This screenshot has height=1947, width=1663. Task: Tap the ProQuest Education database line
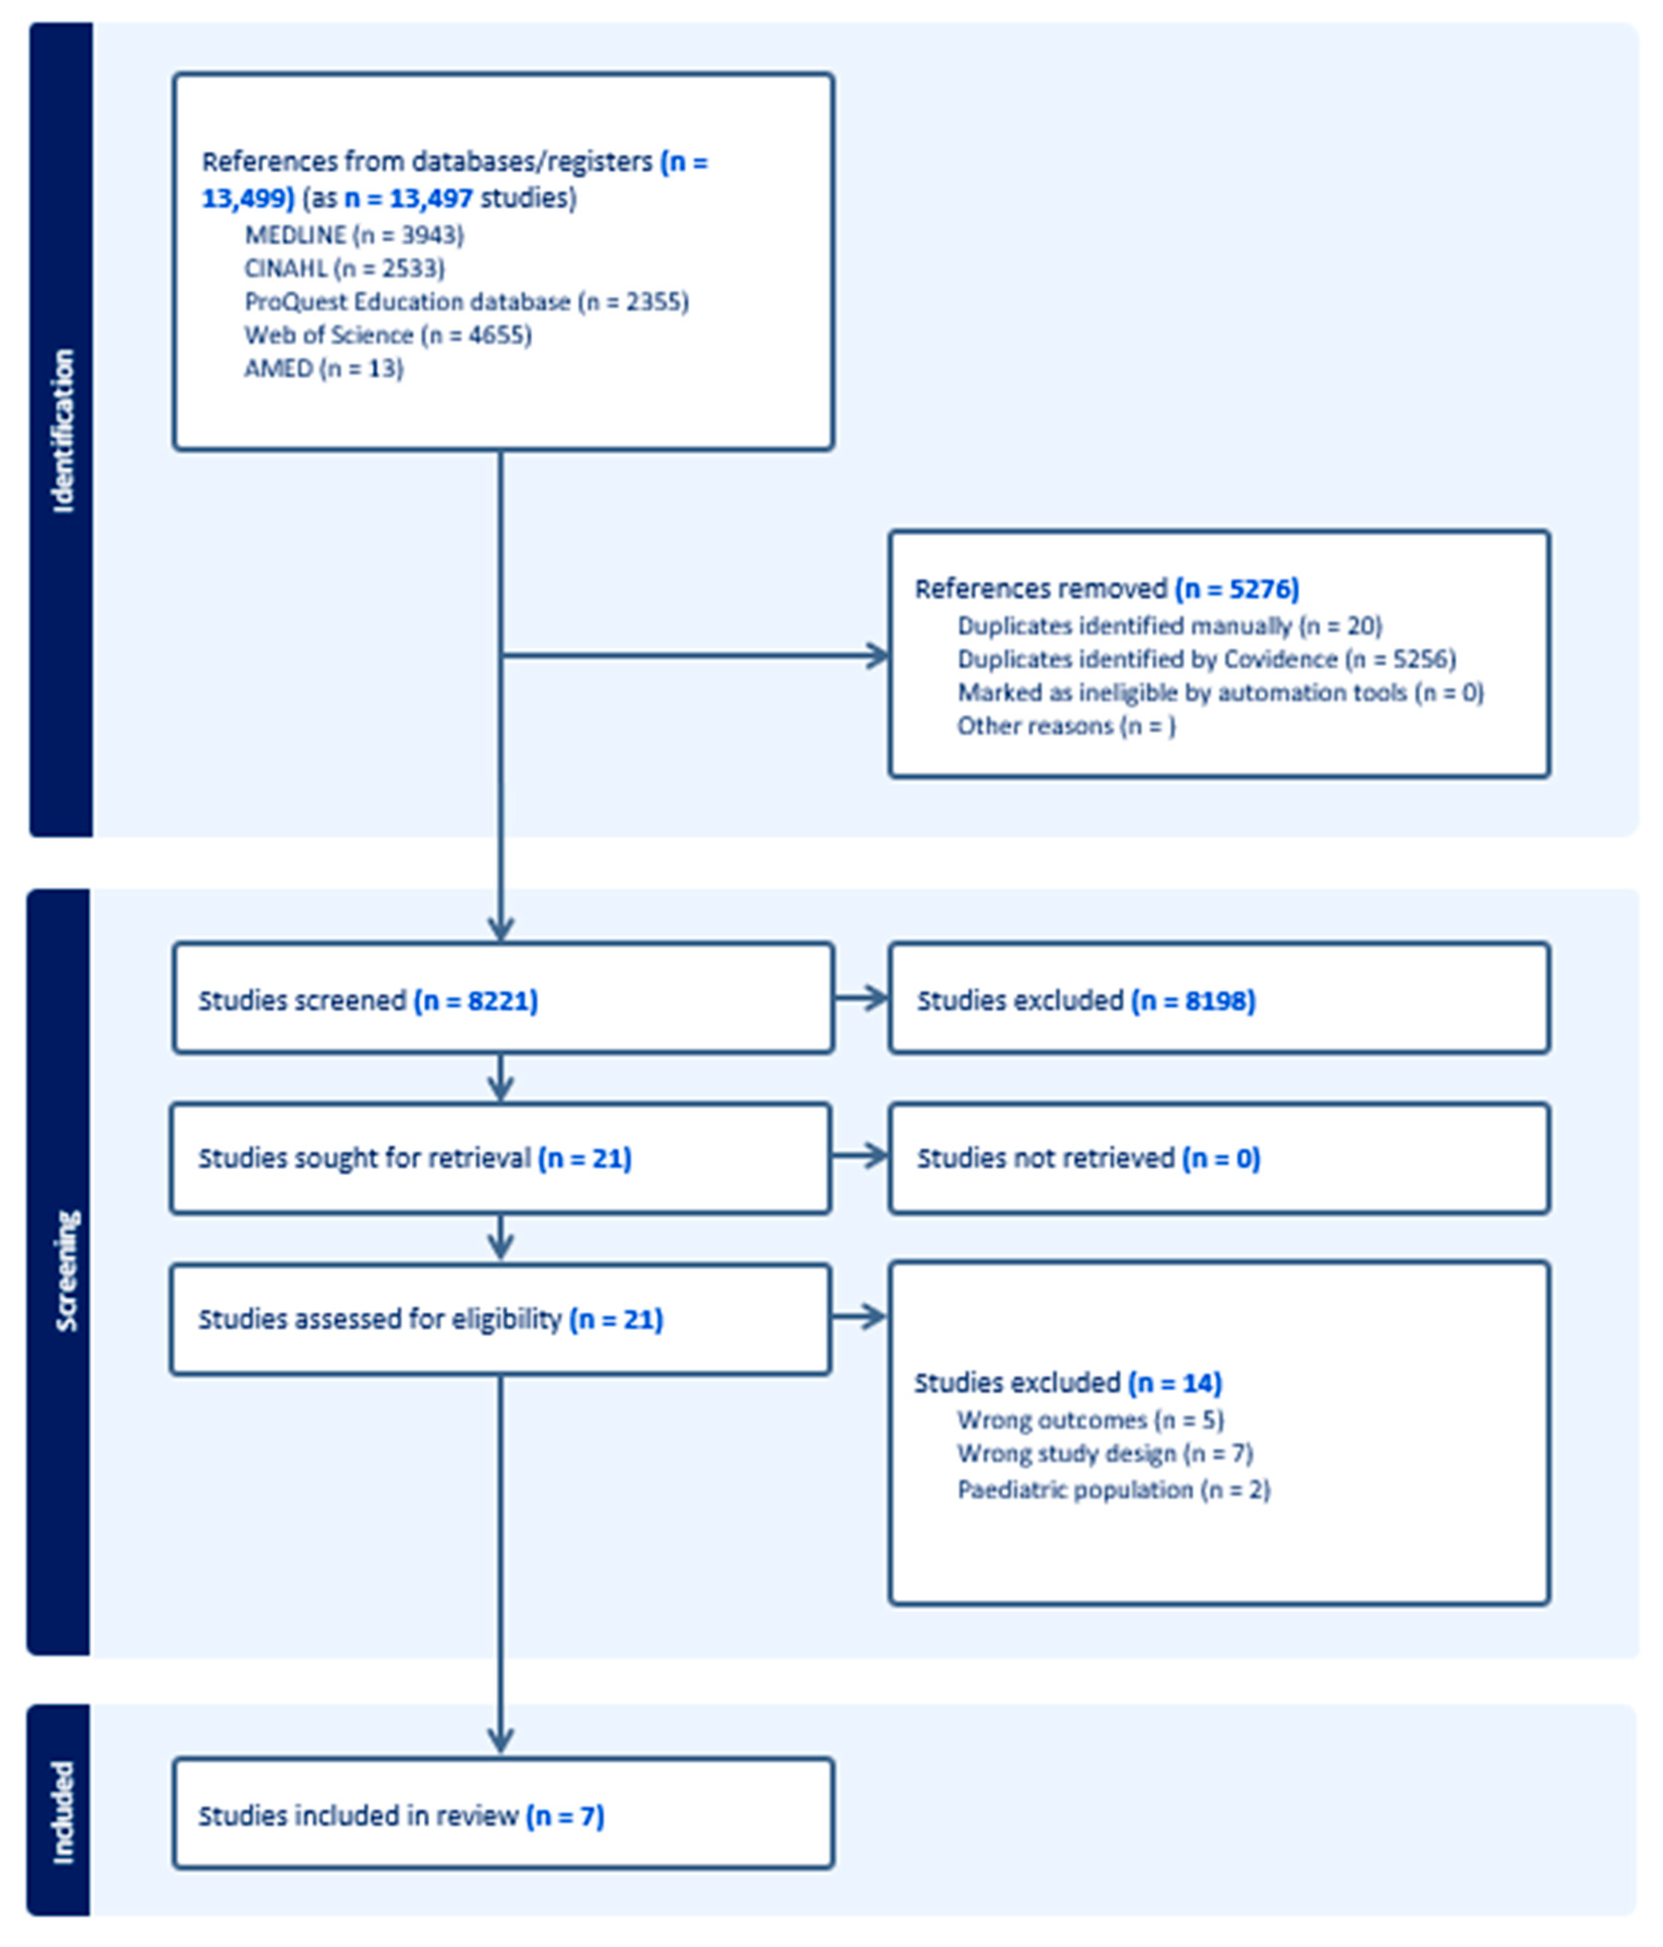(x=466, y=302)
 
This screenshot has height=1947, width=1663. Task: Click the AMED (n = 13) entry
(x=323, y=368)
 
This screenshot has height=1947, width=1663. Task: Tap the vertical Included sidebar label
(x=62, y=1811)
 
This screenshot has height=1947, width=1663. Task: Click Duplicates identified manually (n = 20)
(x=1169, y=626)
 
